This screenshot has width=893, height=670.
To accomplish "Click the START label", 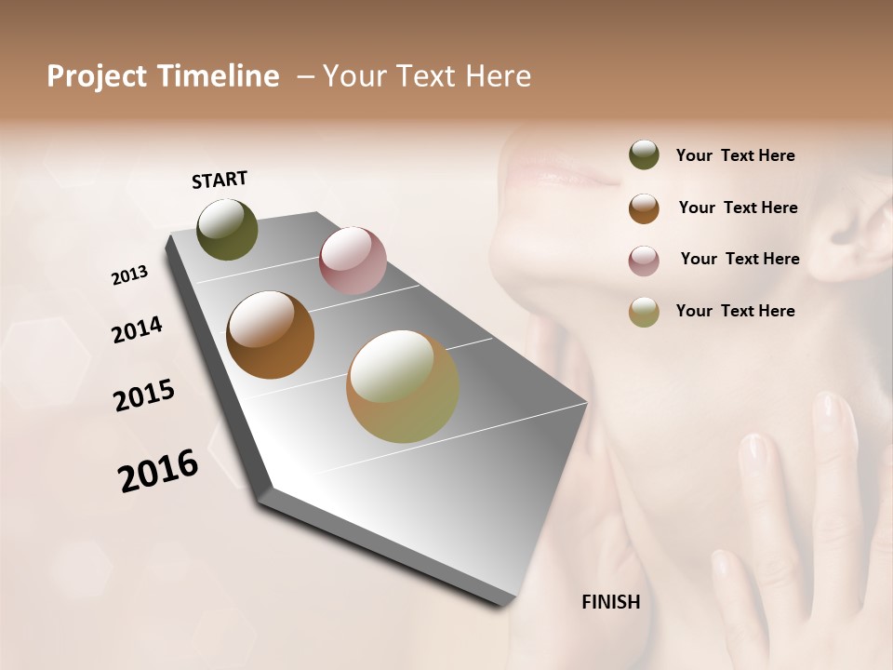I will [220, 180].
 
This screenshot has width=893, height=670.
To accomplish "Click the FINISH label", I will [610, 602].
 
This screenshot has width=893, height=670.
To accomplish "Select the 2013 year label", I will [129, 275].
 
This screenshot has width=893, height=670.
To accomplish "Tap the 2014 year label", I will [137, 330].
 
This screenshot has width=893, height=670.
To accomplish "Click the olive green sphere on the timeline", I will [227, 230].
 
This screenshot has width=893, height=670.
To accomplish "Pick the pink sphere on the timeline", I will [353, 261].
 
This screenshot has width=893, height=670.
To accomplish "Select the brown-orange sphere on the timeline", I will [270, 335].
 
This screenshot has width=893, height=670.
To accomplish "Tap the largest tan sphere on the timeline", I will [403, 386].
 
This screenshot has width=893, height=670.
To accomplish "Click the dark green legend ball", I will [644, 155].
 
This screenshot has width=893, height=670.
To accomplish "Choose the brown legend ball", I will [644, 208].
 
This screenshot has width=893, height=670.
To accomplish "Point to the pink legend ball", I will [644, 261].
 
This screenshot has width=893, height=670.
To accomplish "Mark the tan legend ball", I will [644, 312].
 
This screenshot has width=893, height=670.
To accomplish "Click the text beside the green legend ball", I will [735, 156].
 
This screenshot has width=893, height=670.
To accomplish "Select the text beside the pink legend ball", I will [740, 259].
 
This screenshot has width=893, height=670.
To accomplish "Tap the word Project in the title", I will [97, 77].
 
